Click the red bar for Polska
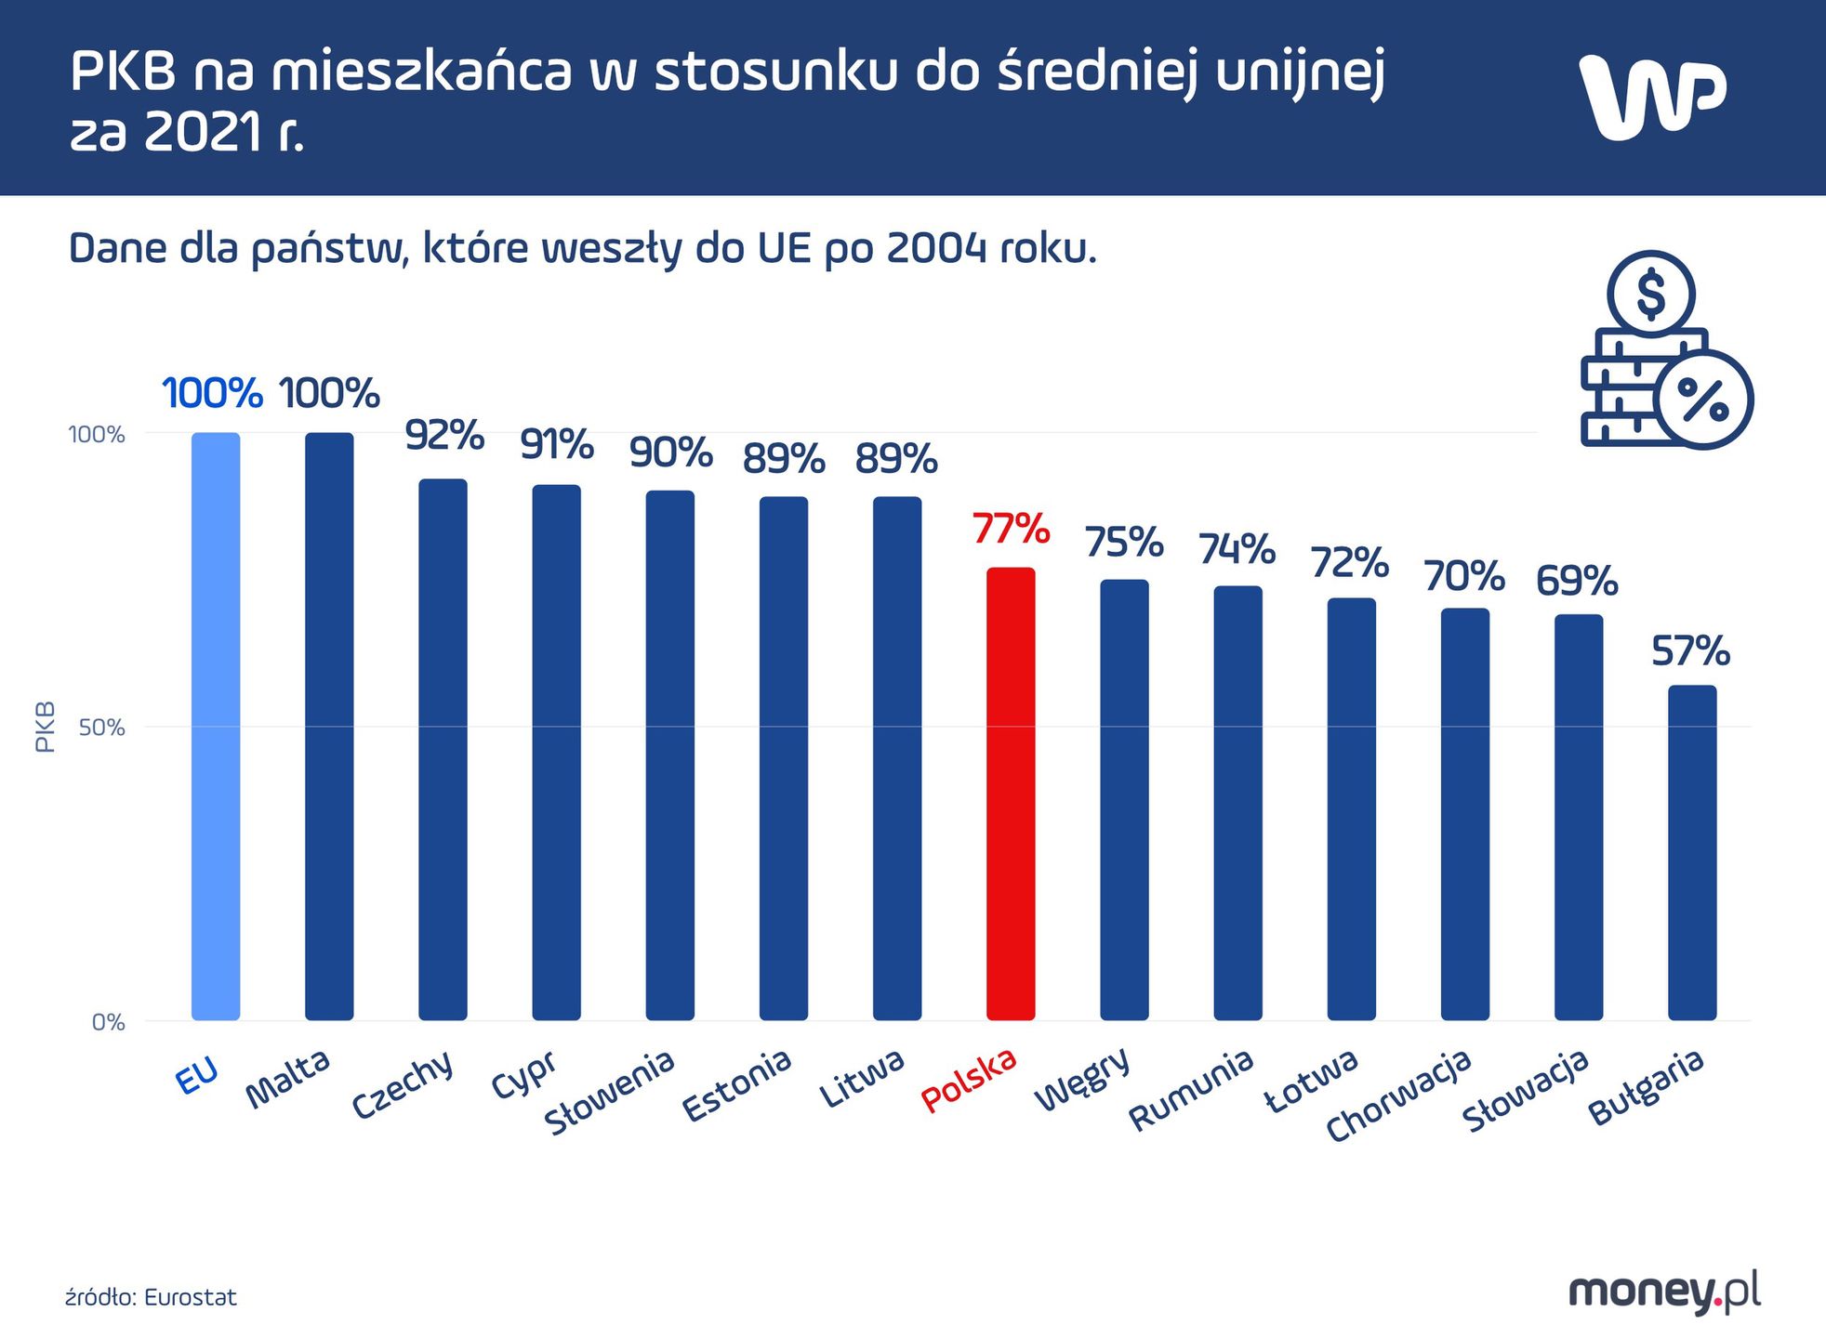[x=1011, y=794]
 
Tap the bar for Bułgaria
[x=1691, y=853]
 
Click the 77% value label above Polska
[x=1011, y=530]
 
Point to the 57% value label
[x=1690, y=651]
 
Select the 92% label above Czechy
[x=444, y=436]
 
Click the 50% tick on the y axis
[x=101, y=728]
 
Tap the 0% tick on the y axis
[x=108, y=1023]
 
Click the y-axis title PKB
[x=45, y=727]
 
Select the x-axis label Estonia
[x=736, y=1085]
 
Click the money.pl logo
[x=1664, y=1292]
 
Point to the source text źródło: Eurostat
[x=151, y=1298]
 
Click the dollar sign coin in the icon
[x=1651, y=294]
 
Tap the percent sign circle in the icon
[x=1703, y=400]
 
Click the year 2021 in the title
[x=204, y=134]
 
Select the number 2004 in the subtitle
[x=936, y=249]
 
